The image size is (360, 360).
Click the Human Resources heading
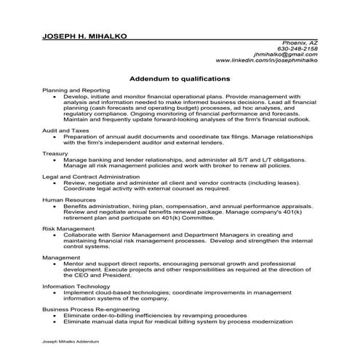point(68,200)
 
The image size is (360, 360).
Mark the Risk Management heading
point(68,228)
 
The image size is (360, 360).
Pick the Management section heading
point(61,257)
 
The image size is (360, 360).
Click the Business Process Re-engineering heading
point(92,309)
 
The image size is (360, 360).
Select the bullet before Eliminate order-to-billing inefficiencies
point(56,316)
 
